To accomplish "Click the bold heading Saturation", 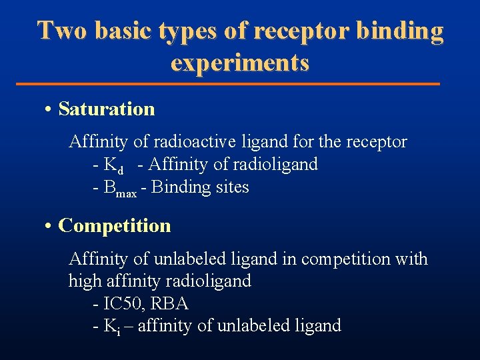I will click(107, 109).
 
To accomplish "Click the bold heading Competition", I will click(115, 225).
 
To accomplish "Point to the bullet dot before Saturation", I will click(50, 109).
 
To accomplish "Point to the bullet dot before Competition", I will click(50, 226).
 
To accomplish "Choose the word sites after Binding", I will click(231, 187).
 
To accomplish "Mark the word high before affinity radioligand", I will click(84, 281).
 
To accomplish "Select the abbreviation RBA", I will click(170, 304).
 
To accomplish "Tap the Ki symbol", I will click(111, 327).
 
